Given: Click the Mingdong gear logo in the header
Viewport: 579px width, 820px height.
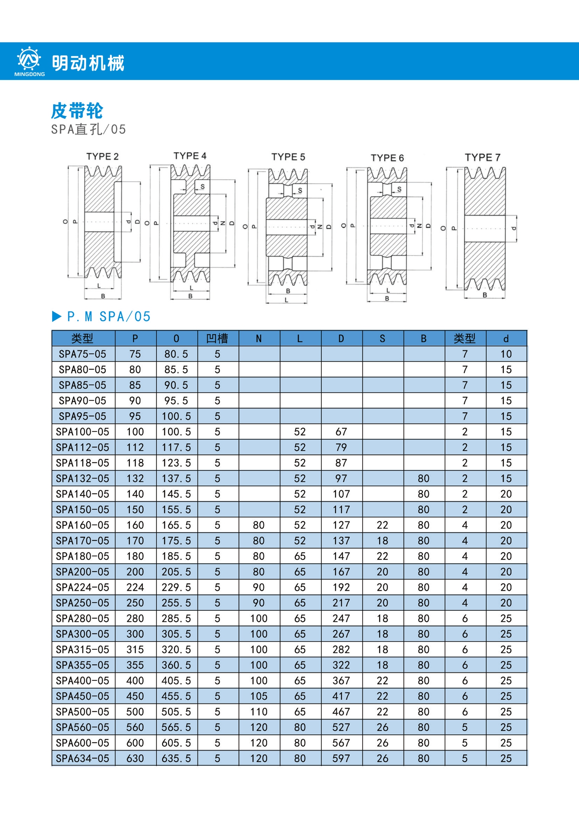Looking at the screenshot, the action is [29, 59].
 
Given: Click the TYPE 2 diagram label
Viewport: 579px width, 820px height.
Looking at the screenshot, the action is [102, 157].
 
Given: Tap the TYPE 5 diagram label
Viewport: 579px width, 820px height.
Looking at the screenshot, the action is [288, 157].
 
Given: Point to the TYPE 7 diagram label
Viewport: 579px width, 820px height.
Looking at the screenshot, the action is [483, 157].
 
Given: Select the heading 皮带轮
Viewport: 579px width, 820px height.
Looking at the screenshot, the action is [77, 111].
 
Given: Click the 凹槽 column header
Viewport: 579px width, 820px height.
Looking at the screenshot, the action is [217, 338].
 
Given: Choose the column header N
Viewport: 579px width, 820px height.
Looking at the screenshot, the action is [258, 339].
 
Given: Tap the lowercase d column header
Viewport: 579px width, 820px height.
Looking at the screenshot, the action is [506, 339].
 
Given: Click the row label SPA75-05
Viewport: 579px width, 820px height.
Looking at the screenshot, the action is [83, 354].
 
